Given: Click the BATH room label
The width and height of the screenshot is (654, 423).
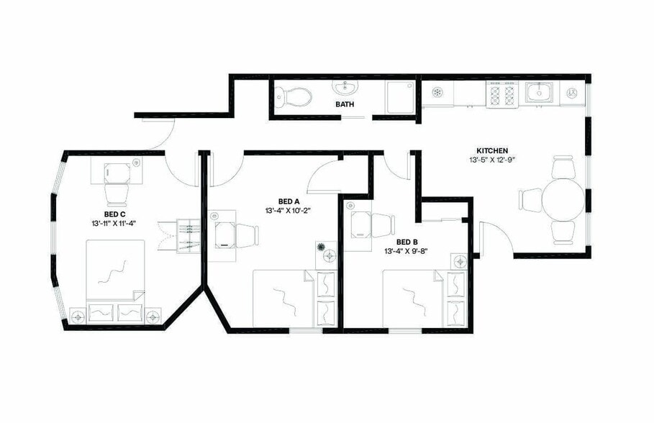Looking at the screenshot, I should pos(345,105).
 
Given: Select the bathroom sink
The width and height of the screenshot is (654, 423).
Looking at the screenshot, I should pos(346,88).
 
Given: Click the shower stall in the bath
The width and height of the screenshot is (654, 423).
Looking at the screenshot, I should pos(399,96).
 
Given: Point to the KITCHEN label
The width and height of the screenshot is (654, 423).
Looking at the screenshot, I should pos(472,151).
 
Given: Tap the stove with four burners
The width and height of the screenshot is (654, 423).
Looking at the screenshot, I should pos(502,94).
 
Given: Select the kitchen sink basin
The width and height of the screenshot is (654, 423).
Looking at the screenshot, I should pos(537,92).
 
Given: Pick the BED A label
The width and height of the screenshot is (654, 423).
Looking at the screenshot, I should pos(289,201).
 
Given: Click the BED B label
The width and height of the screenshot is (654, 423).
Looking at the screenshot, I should pos(407,242).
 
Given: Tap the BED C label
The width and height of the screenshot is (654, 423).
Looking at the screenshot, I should pos(115,214).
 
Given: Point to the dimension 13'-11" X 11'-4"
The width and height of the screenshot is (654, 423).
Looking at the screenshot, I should pos(114,224).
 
